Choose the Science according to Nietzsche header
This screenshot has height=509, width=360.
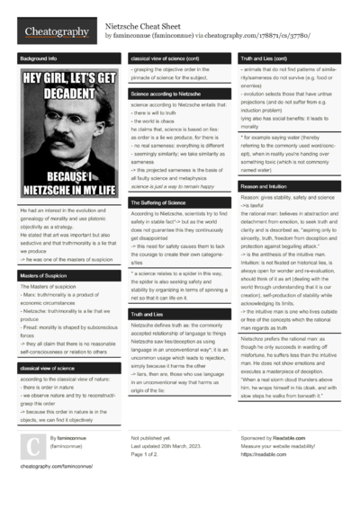click(x=166, y=94)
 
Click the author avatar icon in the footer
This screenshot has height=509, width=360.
click(x=31, y=444)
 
